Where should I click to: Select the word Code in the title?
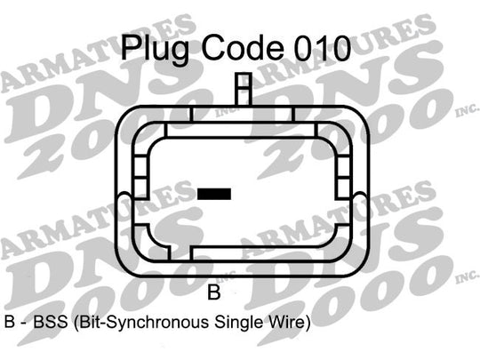click(242, 49)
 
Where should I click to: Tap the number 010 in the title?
click(323, 48)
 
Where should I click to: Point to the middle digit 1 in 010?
click(322, 48)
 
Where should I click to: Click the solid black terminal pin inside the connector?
click(214, 194)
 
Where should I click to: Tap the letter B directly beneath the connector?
click(214, 292)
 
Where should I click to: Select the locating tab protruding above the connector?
click(244, 89)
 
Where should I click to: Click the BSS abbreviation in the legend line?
click(50, 322)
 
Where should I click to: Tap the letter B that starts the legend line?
click(10, 322)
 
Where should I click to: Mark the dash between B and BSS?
click(24, 324)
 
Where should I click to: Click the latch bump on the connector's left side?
click(124, 202)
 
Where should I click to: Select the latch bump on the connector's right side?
click(360, 202)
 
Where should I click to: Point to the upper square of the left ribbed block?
click(141, 166)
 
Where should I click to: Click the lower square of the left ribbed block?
click(141, 188)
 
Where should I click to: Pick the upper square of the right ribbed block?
click(343, 167)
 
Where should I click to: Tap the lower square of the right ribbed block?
click(343, 188)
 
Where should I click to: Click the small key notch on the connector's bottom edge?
click(180, 253)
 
